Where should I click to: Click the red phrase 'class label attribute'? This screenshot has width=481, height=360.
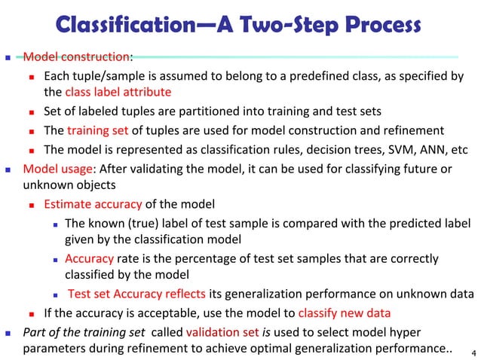(118, 92)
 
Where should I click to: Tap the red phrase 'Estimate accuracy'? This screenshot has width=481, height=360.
(93, 203)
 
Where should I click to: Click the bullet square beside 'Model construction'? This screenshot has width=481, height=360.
(9, 57)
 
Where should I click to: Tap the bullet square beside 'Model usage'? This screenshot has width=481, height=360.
(9, 168)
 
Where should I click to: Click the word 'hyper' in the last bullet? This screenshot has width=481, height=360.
(406, 332)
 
